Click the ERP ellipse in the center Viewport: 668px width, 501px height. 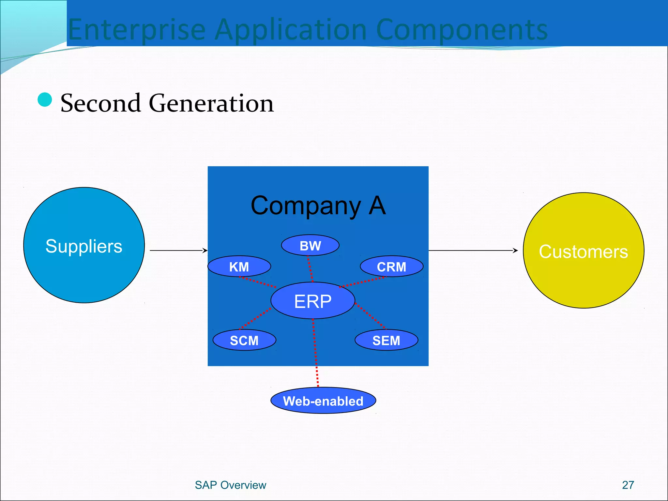[312, 301]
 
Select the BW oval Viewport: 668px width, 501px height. [310, 246]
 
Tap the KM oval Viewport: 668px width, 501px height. [239, 267]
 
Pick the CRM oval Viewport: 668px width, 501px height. [391, 267]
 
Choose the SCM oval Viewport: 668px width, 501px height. [244, 340]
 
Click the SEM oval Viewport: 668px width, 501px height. [386, 340]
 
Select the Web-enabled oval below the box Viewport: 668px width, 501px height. [323, 401]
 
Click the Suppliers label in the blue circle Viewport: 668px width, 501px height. [84, 246]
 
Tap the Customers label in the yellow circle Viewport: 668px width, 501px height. [583, 251]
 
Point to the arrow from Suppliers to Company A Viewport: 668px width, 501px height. [178, 250]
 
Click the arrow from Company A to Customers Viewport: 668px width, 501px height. [473, 250]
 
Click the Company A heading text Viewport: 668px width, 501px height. [318, 205]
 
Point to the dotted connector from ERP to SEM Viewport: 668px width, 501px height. [371, 316]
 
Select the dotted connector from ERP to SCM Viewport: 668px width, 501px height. [255, 318]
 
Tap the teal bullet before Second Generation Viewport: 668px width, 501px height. [45, 99]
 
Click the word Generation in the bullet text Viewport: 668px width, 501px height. [211, 103]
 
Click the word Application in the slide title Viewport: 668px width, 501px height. [291, 30]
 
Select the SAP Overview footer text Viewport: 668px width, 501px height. [230, 485]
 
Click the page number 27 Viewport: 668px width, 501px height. [628, 485]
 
